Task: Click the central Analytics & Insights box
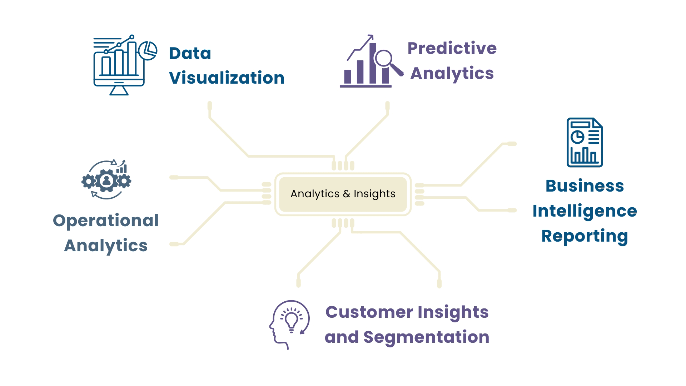click(x=343, y=194)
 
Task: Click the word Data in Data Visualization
click(x=190, y=54)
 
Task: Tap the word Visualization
click(x=227, y=78)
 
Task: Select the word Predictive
click(x=452, y=48)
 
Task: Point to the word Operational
click(x=106, y=221)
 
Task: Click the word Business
click(x=585, y=186)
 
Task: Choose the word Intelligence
click(x=585, y=211)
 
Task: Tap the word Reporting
click(x=585, y=236)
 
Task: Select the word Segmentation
click(x=426, y=337)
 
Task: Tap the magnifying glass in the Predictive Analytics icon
click(x=384, y=59)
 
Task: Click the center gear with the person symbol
click(x=106, y=180)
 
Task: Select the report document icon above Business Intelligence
click(x=585, y=142)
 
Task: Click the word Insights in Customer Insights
click(x=453, y=312)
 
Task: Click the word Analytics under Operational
click(x=106, y=246)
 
